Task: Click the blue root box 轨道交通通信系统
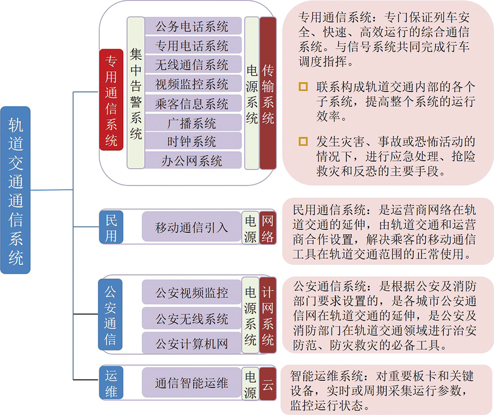(15, 190)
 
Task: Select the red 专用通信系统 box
(112, 99)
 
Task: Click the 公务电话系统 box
(193, 26)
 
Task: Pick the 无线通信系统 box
(193, 65)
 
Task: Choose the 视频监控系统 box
(193, 84)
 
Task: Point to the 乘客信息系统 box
(193, 103)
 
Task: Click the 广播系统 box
(193, 123)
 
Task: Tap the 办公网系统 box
(193, 161)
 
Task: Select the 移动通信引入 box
(192, 227)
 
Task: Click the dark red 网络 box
(268, 227)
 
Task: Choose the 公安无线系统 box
(192, 318)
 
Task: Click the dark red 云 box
(268, 383)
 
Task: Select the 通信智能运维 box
(192, 383)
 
